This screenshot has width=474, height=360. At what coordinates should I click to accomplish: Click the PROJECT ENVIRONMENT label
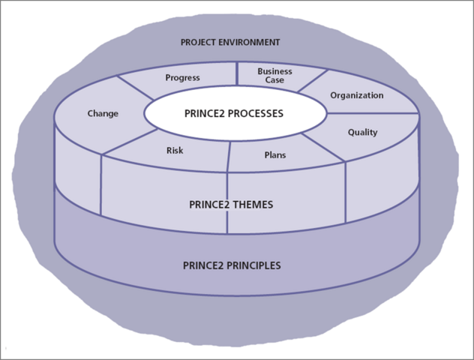tap(229, 42)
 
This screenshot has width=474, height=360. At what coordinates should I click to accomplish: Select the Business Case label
tap(274, 76)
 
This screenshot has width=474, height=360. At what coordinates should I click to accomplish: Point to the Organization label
tap(357, 96)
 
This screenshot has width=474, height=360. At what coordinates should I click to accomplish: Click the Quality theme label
tap(362, 133)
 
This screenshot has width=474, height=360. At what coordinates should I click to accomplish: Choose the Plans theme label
tap(275, 155)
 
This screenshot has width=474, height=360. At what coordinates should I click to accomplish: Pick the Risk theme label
tap(174, 151)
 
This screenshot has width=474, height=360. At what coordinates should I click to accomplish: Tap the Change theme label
tap(103, 114)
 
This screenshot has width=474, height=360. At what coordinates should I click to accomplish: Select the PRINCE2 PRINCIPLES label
tap(232, 265)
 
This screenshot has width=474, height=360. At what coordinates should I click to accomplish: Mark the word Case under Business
tap(274, 80)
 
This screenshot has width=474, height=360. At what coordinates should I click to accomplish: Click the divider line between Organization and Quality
tap(371, 113)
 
